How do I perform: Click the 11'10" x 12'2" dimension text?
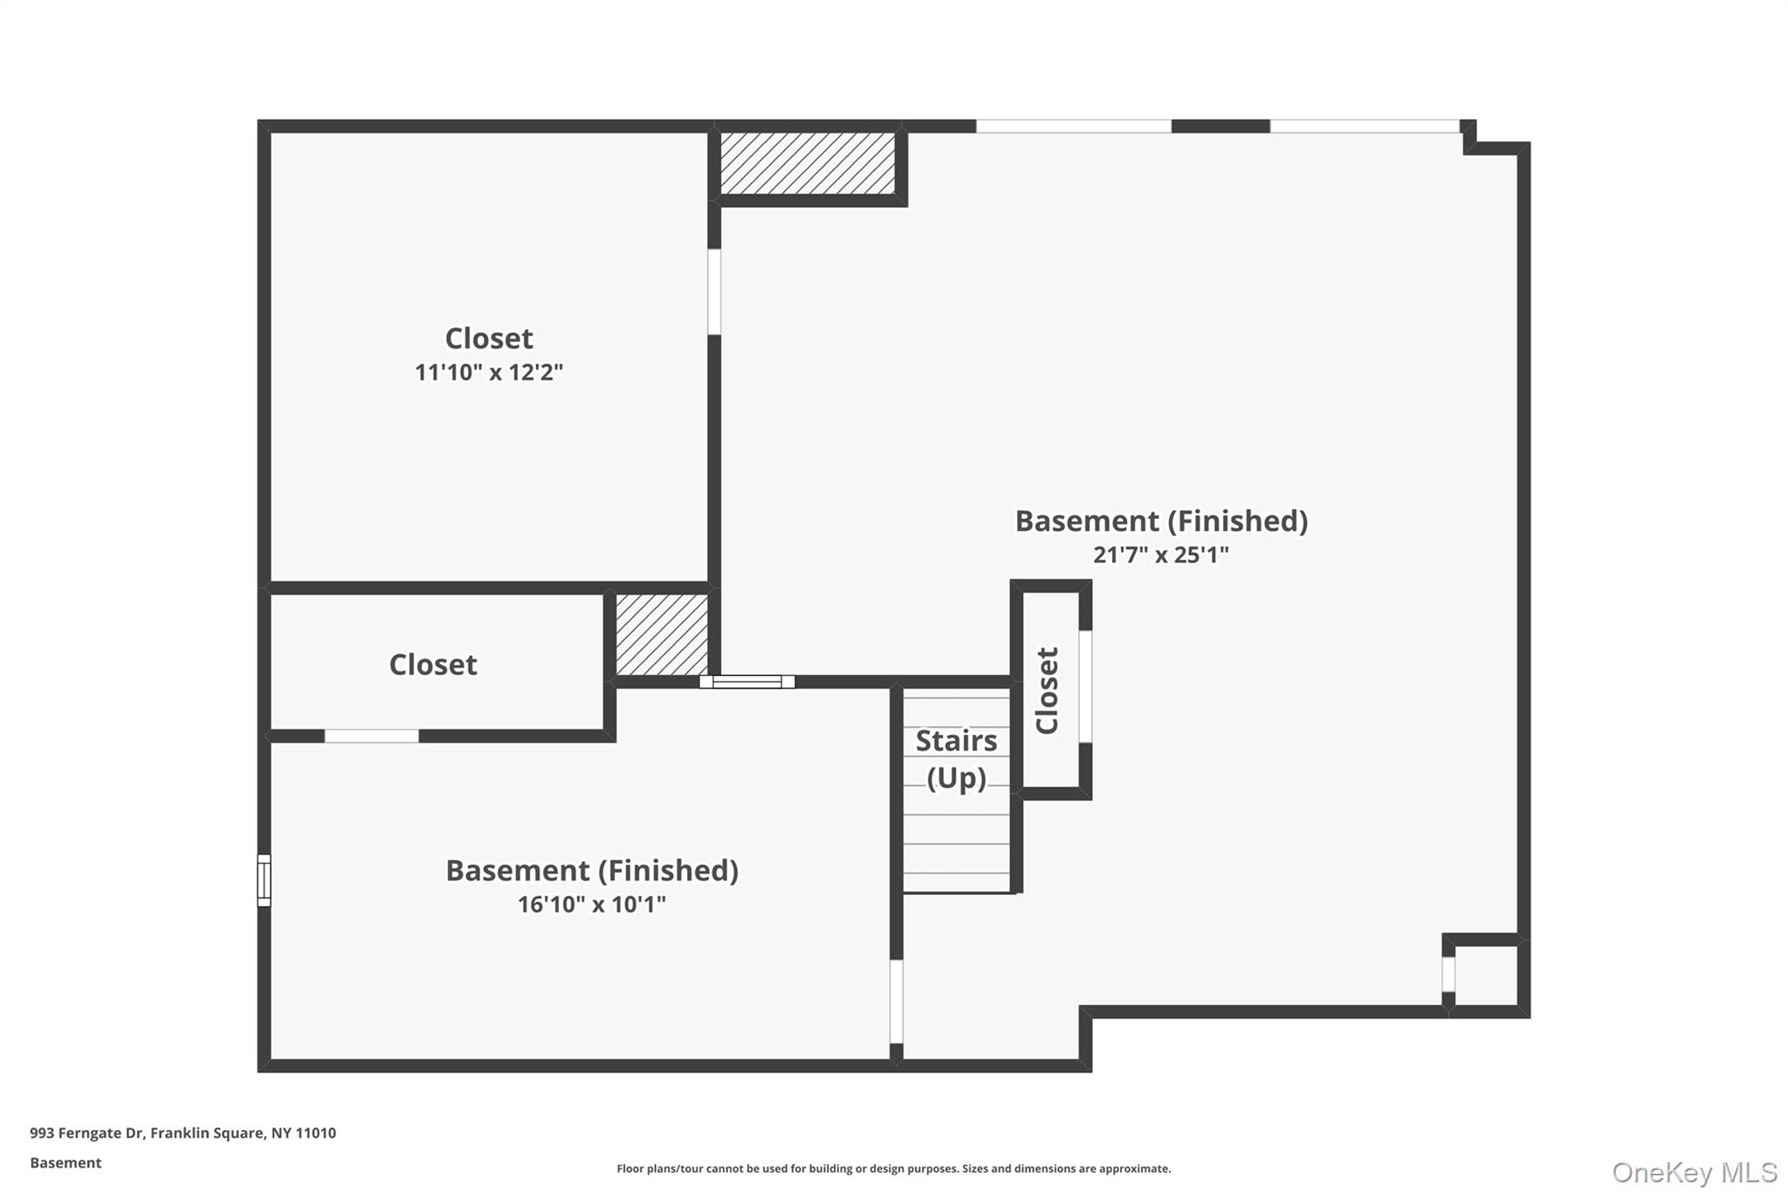click(488, 373)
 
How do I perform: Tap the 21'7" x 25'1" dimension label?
click(1160, 555)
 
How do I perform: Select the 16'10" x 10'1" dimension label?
click(591, 905)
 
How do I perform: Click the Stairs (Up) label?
click(956, 759)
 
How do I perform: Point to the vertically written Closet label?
click(1047, 691)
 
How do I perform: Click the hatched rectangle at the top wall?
click(808, 163)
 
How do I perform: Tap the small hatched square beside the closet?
click(662, 635)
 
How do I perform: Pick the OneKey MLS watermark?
click(1695, 1172)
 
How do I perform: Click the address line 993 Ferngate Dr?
click(182, 1133)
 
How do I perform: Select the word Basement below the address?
click(65, 1163)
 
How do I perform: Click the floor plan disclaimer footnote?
click(893, 1168)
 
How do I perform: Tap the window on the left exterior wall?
click(264, 879)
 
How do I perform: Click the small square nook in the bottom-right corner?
click(1486, 975)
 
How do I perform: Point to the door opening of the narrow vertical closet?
click(1085, 686)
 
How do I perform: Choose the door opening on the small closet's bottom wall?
click(371, 736)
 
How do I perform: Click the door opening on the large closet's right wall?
click(714, 292)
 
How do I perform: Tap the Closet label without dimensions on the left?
click(433, 665)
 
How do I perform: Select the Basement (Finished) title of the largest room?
click(1160, 521)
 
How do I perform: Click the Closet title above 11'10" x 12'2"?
click(488, 339)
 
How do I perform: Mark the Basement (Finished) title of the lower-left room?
click(591, 871)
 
